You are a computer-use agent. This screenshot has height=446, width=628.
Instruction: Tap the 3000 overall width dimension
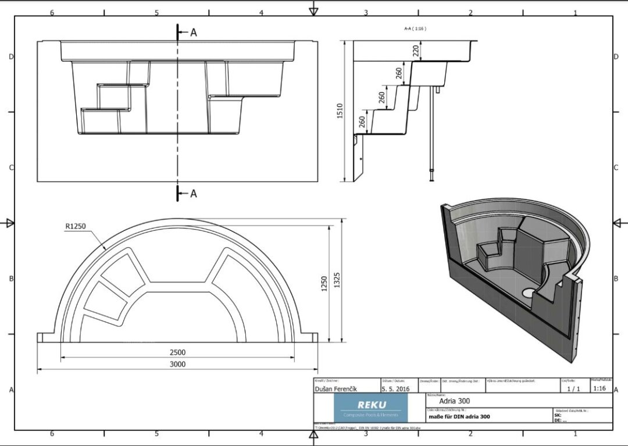click(177, 364)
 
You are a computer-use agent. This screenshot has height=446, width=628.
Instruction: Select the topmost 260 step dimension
click(398, 73)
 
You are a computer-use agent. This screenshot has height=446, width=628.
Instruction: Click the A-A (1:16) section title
click(415, 28)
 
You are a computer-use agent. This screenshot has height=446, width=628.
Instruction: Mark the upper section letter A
click(194, 33)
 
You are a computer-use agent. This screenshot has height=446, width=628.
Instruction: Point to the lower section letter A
click(194, 194)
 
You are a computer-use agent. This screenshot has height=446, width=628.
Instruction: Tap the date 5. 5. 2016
click(396, 388)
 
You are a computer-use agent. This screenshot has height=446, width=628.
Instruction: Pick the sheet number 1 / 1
click(573, 388)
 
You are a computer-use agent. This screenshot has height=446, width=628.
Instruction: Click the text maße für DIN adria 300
click(459, 416)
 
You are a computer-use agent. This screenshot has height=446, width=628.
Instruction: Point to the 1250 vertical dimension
click(324, 283)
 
